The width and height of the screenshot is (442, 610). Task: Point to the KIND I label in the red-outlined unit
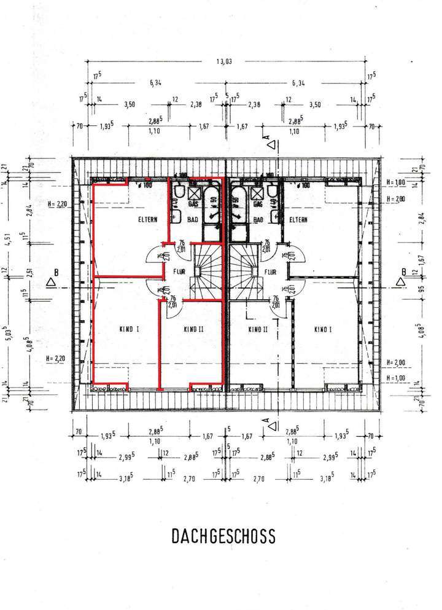click(130, 330)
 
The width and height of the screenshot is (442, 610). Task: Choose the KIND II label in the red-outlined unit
click(193, 330)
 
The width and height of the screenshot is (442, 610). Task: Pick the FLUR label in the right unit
click(269, 270)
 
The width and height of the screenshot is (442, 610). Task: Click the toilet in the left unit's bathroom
click(179, 190)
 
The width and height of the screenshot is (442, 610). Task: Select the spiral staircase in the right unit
click(245, 270)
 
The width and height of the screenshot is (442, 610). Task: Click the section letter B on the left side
click(56, 271)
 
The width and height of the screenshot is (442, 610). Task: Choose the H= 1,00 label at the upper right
click(397, 182)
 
